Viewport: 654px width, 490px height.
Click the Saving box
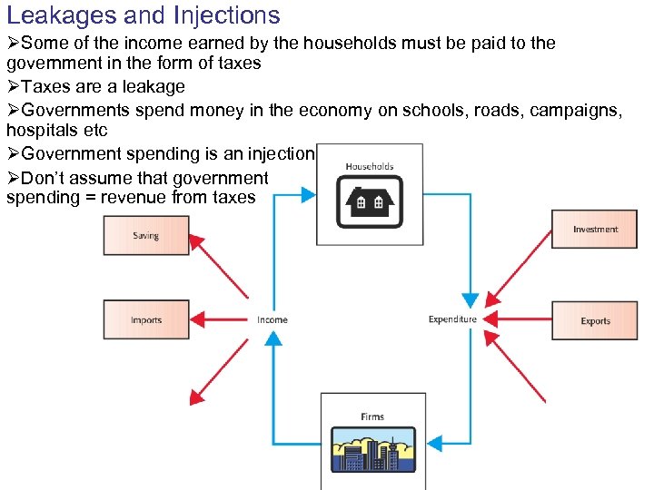point(146,235)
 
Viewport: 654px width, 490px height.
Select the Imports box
point(146,319)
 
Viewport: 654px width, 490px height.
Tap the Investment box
point(595,230)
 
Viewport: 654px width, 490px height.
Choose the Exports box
point(595,320)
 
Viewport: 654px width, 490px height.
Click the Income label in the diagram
point(272,319)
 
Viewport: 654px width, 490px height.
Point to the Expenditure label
point(452,319)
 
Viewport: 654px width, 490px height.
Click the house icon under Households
point(370,201)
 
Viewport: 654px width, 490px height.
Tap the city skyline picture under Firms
point(372,450)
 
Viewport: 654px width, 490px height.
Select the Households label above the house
point(370,167)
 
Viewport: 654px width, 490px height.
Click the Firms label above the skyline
point(372,416)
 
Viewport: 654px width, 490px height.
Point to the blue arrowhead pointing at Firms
point(435,443)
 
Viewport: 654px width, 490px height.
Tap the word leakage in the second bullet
point(151,87)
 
